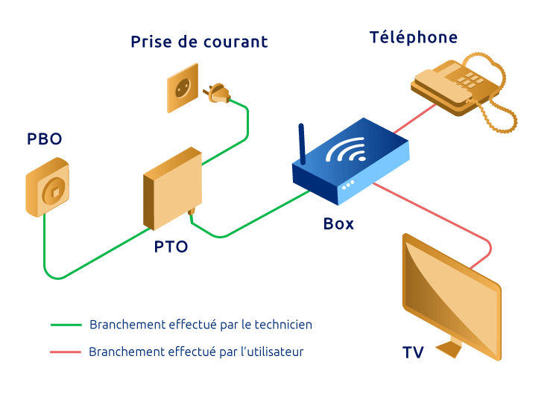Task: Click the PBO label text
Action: (x=45, y=139)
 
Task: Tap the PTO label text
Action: (x=171, y=247)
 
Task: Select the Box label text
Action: (x=338, y=223)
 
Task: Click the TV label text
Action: (x=414, y=352)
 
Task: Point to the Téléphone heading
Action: (x=414, y=37)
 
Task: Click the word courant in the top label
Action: (x=234, y=42)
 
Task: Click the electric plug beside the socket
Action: (x=218, y=93)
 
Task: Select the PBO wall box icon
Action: (x=49, y=191)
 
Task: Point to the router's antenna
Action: (x=302, y=144)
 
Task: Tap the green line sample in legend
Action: (x=66, y=325)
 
